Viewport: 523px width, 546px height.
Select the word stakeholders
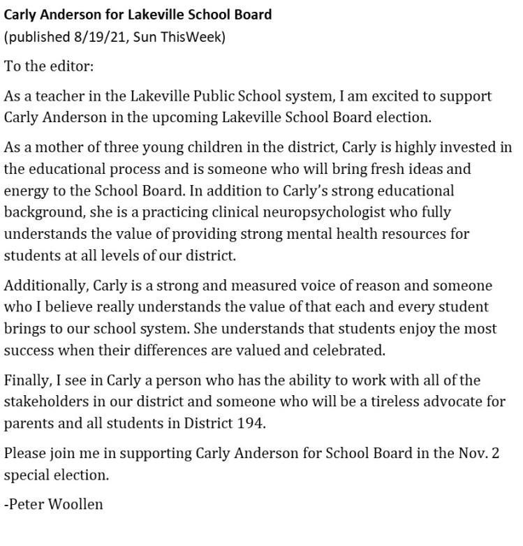pos(45,401)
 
